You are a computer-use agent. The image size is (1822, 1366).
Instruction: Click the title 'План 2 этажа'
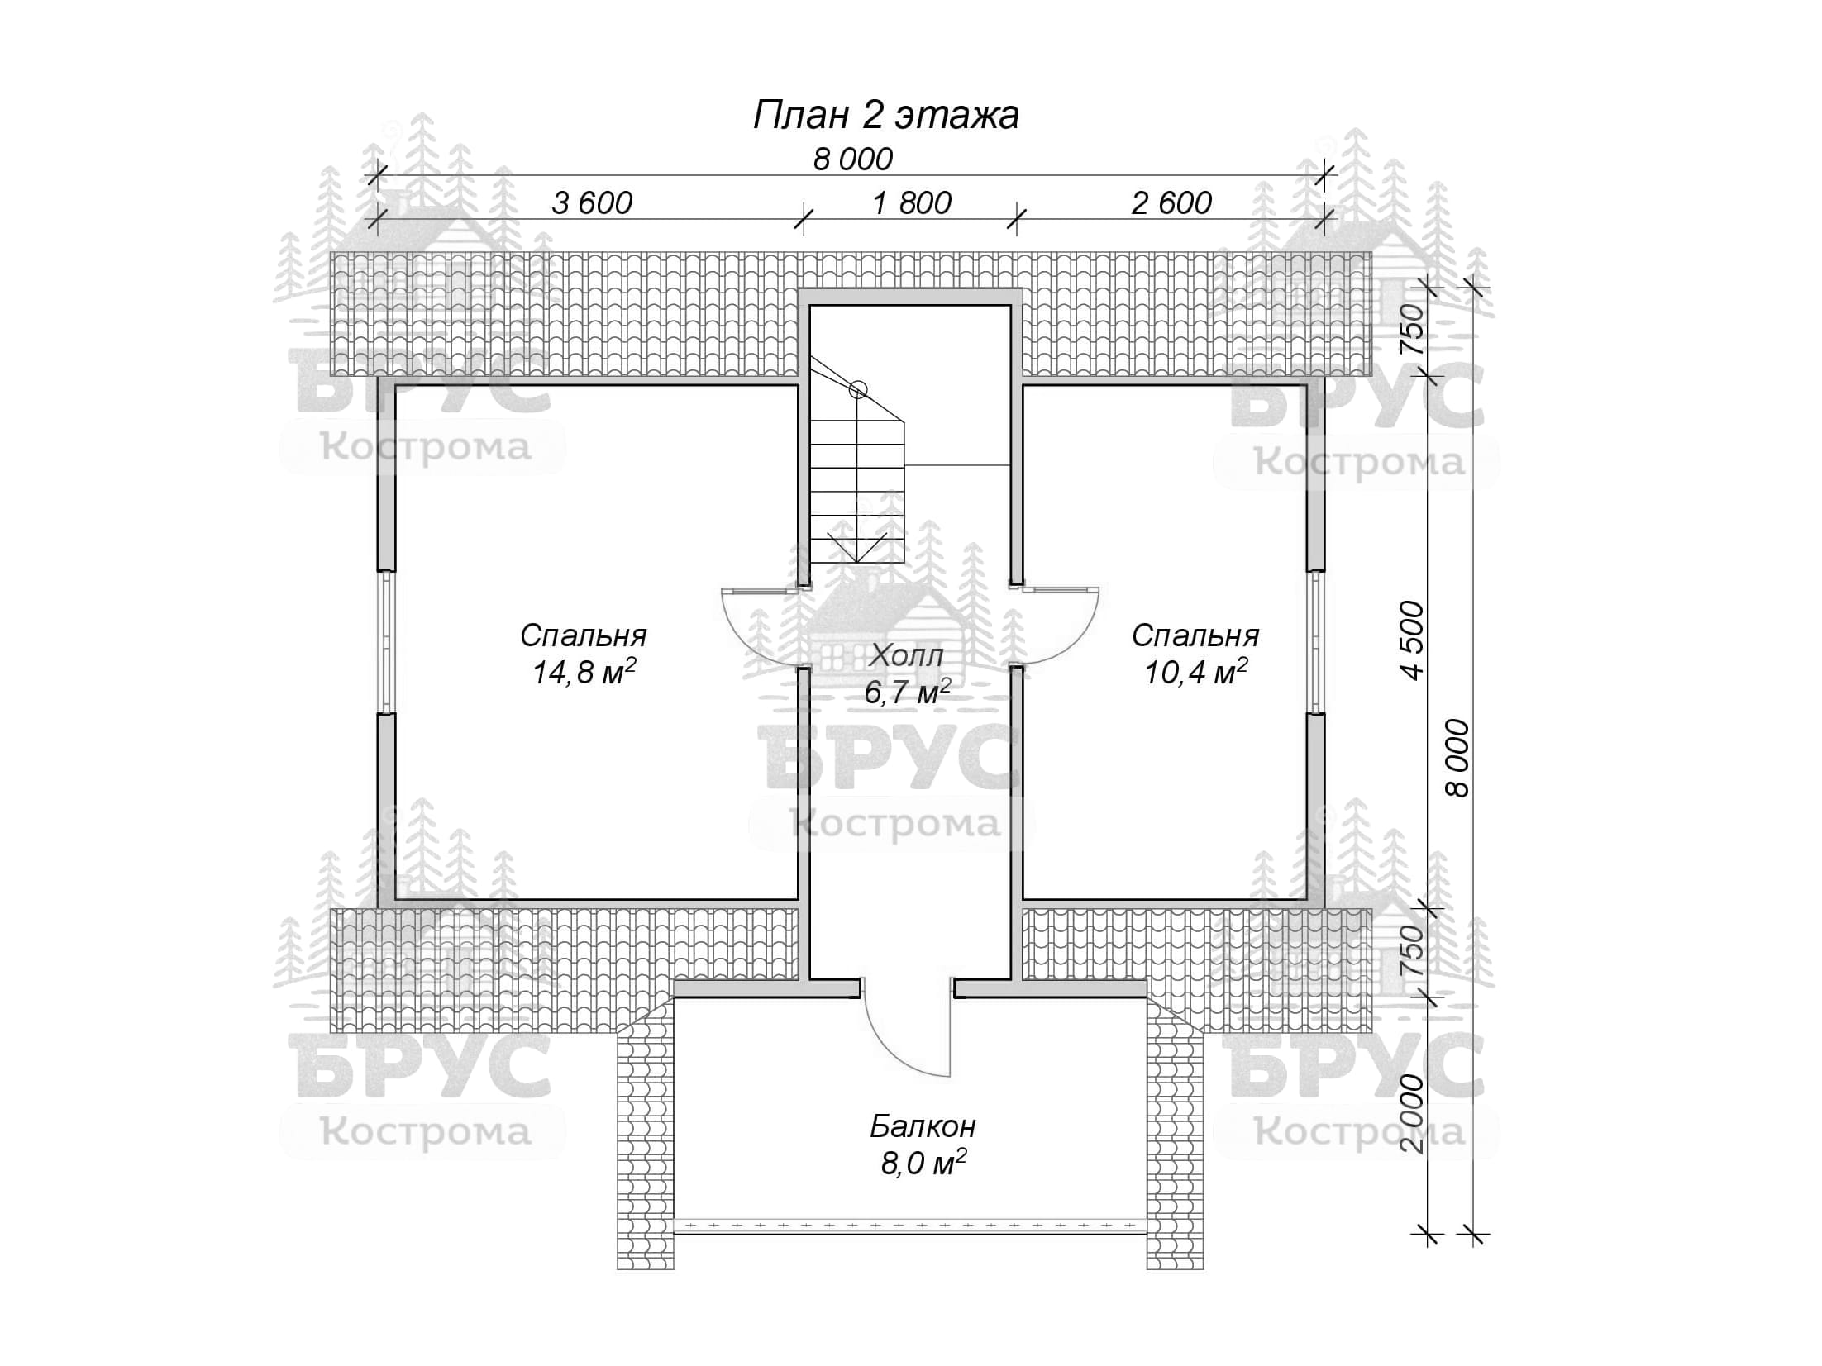(x=885, y=116)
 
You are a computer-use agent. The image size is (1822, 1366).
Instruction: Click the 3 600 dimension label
(x=592, y=202)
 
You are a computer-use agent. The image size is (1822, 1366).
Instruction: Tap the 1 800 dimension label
(x=912, y=202)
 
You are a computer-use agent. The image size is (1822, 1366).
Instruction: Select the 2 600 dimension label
(x=1171, y=202)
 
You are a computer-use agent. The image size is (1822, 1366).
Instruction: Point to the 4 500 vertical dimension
(x=1413, y=640)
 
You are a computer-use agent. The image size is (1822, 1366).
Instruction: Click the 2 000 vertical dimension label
(x=1413, y=1114)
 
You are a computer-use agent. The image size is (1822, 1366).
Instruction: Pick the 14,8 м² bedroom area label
(x=583, y=673)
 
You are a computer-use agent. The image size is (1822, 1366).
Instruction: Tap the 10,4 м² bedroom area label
(x=1195, y=673)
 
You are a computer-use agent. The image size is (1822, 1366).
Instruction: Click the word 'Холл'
(x=907, y=656)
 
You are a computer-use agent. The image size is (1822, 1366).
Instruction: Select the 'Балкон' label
(x=923, y=1126)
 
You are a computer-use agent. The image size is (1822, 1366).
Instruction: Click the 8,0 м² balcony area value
(x=923, y=1164)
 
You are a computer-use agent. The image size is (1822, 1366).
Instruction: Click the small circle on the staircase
(x=858, y=388)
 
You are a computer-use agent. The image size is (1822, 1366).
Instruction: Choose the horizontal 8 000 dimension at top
(x=852, y=159)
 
